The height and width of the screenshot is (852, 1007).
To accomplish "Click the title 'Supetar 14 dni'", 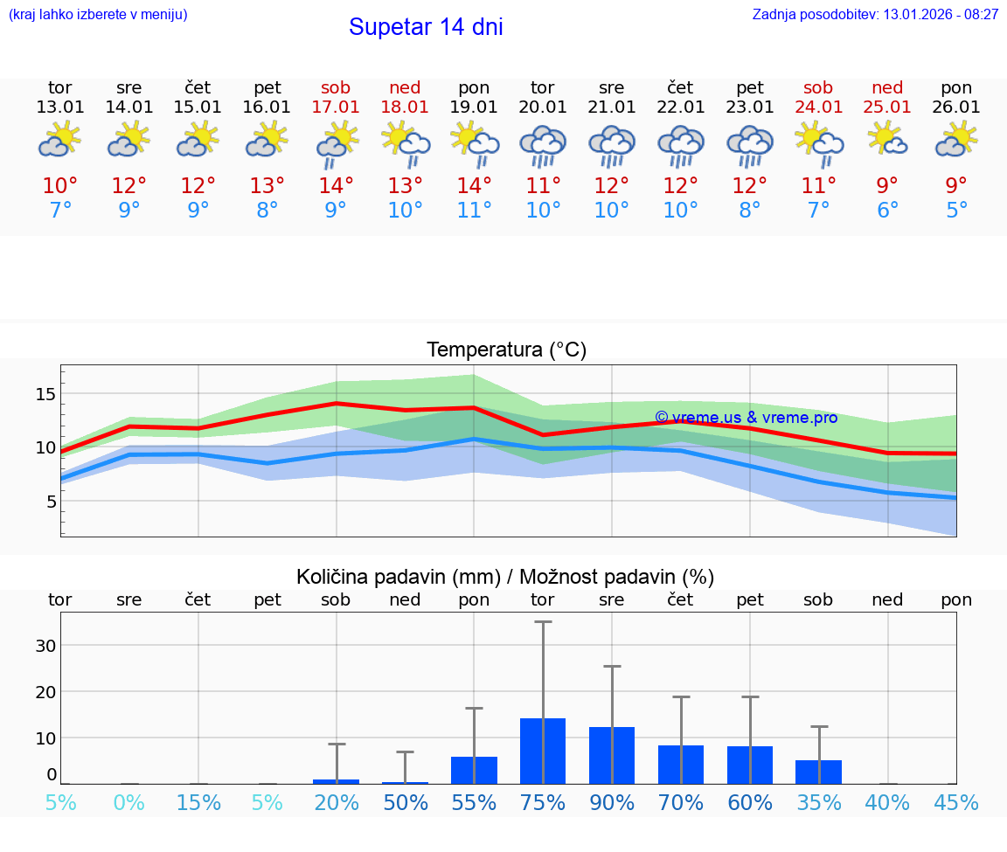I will tap(426, 27).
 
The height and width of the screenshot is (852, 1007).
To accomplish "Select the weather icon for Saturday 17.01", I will tap(336, 143).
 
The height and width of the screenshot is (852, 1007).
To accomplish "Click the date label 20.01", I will tap(543, 107).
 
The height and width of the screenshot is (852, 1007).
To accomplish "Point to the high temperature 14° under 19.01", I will tap(474, 186).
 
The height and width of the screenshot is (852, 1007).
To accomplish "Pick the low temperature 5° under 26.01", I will tap(956, 211).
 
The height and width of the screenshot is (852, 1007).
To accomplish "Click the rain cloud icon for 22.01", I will tap(681, 145).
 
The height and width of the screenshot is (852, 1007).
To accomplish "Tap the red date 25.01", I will tap(887, 107).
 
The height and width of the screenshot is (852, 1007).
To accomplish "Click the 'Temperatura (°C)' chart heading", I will tap(506, 350).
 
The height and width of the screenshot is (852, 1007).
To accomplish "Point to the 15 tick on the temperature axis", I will tap(45, 394).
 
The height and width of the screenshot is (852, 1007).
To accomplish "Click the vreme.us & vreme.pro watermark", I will tap(746, 418).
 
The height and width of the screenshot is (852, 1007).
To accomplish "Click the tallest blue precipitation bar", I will tap(543, 751).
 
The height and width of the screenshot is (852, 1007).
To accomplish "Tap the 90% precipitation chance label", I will tap(612, 803).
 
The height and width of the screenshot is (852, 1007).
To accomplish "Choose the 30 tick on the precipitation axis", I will tap(45, 646).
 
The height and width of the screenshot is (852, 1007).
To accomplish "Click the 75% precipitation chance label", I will tap(543, 803).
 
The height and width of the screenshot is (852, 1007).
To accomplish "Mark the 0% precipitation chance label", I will tap(129, 803).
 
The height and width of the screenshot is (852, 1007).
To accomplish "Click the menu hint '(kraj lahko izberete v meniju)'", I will tap(98, 15).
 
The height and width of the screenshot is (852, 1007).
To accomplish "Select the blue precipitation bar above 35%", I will tap(819, 772).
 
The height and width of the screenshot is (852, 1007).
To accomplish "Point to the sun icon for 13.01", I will tap(59, 140).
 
